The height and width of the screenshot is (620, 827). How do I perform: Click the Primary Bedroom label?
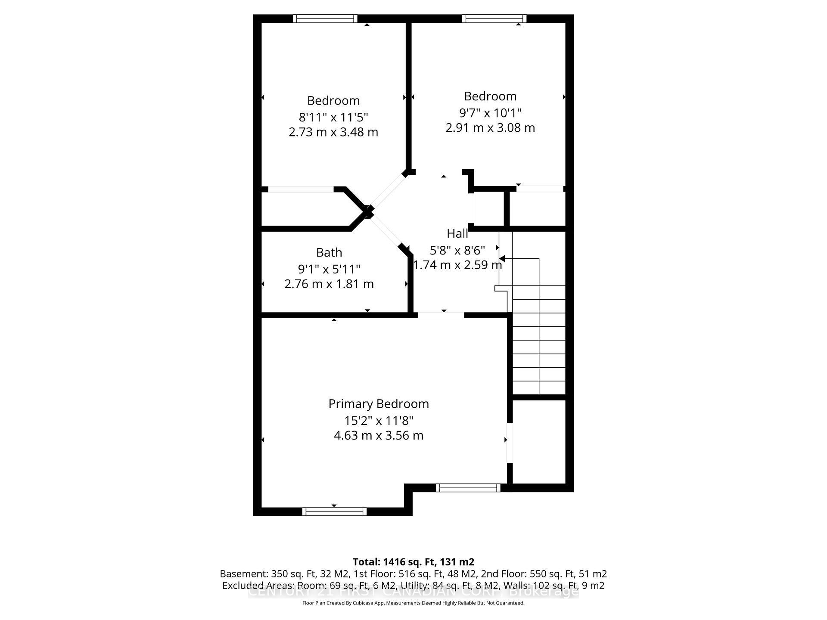[x=379, y=404]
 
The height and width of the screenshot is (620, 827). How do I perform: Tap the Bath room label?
[x=329, y=252]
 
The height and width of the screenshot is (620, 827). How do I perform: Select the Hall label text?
[x=457, y=233]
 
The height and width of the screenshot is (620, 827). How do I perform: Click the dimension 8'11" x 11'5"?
[x=333, y=117]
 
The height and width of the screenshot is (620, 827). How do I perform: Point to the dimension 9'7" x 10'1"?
[x=490, y=113]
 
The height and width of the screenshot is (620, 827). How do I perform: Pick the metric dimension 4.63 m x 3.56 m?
[x=379, y=435]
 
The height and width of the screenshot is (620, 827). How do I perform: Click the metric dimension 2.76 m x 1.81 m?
[x=329, y=284]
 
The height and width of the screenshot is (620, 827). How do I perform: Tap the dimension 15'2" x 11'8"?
[x=379, y=420]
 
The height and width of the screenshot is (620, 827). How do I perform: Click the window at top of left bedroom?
[x=325, y=19]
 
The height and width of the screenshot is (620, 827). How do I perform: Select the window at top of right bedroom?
[x=494, y=19]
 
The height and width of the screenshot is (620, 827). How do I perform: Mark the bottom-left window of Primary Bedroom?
[x=334, y=512]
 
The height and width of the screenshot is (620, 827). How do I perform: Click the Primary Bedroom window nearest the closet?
[x=468, y=487]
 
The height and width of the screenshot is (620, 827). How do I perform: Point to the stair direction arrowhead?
[x=502, y=258]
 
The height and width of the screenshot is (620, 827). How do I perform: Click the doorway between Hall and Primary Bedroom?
[x=441, y=315]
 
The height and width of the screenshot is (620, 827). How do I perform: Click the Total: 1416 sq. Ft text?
[x=413, y=562]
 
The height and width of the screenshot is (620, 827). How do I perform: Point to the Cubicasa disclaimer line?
[x=413, y=603]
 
